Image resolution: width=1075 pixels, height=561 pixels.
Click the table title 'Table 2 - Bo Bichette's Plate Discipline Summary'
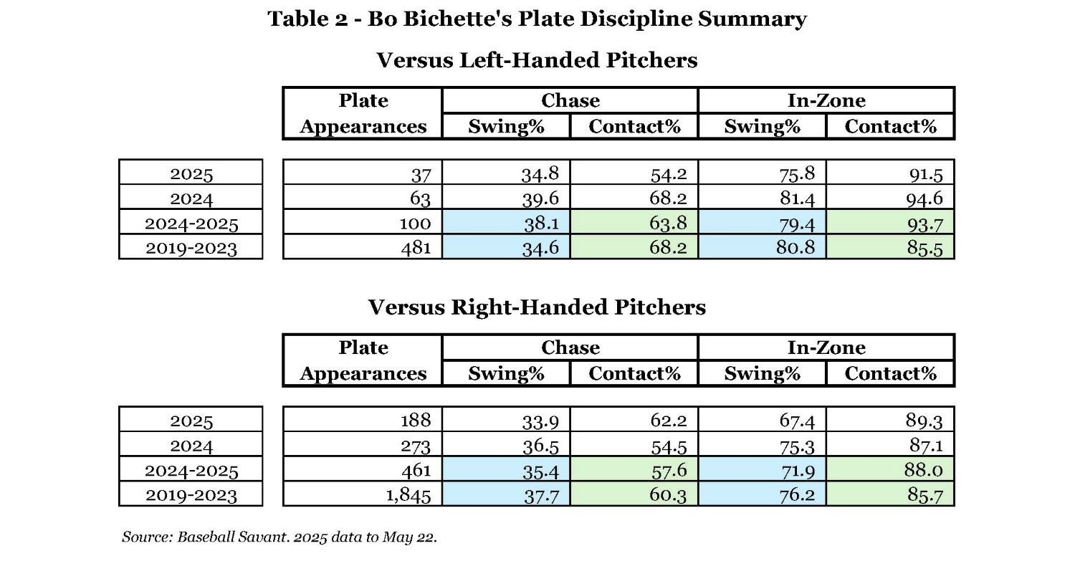(537, 19)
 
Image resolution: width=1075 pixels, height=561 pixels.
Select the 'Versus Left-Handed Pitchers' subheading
(537, 60)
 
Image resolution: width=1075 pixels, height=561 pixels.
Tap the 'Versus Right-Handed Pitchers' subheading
(537, 307)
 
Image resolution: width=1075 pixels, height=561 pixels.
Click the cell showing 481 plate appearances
(363, 247)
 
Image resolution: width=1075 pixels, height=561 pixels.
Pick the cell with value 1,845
(363, 494)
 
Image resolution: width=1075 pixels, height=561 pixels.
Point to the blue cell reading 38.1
(506, 223)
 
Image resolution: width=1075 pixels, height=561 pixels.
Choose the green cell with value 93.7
(890, 223)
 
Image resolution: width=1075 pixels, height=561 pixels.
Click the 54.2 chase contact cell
(634, 173)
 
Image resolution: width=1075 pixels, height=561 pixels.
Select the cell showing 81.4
(762, 198)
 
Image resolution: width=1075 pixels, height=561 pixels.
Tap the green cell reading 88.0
(890, 470)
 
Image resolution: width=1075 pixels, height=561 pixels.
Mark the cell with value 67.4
(762, 420)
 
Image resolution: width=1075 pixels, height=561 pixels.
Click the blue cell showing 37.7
(506, 494)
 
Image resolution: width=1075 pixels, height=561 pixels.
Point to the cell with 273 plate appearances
(363, 445)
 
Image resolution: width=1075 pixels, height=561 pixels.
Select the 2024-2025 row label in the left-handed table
(191, 223)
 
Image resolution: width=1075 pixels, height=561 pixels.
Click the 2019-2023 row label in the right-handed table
(191, 494)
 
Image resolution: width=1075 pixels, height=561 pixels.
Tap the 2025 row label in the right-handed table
(191, 420)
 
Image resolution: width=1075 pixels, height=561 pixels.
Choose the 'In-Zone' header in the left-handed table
(826, 101)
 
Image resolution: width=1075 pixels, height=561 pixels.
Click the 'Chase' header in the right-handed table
(570, 347)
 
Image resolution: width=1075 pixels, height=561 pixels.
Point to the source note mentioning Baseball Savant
(279, 537)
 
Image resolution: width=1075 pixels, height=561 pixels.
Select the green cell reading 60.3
(634, 494)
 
